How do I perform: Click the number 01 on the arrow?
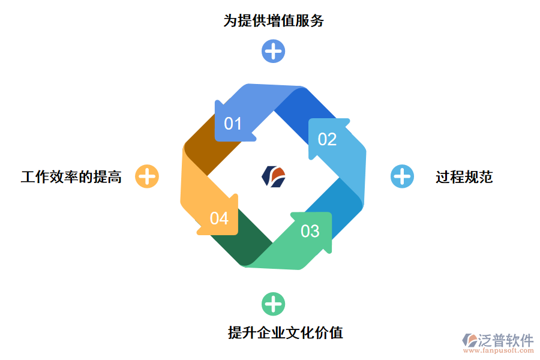[233, 124]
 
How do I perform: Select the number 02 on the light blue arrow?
[327, 139]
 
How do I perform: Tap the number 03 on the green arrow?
[310, 231]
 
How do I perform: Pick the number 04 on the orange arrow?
[219, 218]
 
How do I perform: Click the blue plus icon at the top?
[273, 51]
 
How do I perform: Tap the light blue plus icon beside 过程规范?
[402, 176]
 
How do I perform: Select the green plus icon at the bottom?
[273, 304]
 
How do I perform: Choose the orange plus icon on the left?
[147, 176]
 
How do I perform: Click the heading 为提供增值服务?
[274, 21]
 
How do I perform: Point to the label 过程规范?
[464, 177]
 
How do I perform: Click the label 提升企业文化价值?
[286, 332]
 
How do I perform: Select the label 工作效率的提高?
[71, 177]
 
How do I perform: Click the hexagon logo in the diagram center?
[274, 176]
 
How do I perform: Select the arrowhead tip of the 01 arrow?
[218, 110]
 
